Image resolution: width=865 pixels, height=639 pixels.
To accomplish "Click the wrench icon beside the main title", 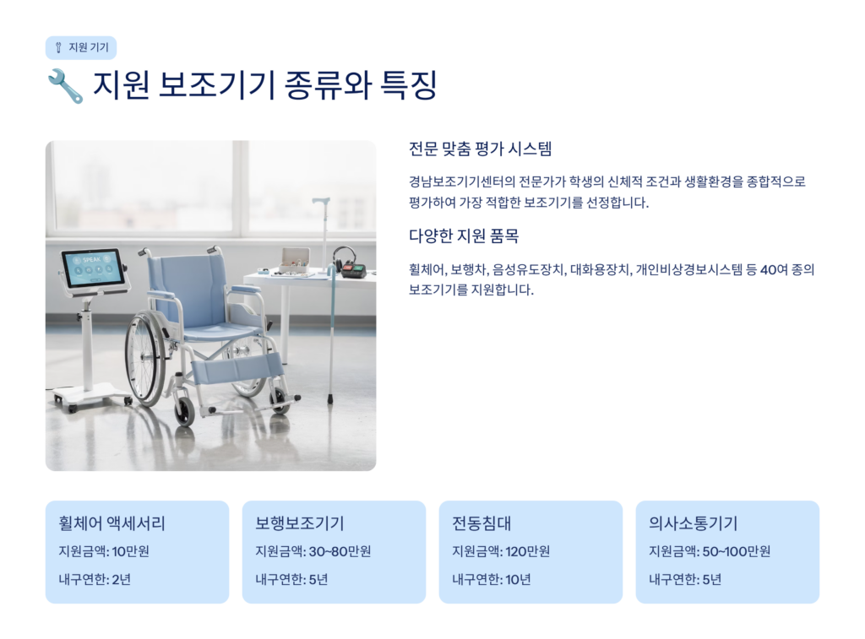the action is [65, 86].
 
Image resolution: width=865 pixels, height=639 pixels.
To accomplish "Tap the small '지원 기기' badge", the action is [81, 47].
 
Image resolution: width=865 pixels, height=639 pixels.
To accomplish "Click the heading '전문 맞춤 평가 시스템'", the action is [480, 149].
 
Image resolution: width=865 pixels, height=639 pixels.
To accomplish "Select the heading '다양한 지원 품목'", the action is [464, 236].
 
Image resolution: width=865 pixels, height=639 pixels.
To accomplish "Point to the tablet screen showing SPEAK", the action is [93, 267].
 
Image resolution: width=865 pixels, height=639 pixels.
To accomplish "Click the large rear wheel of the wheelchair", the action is [144, 359].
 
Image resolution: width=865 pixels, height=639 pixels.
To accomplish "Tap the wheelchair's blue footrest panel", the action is [237, 369].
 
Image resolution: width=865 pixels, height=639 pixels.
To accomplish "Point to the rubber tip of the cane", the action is [330, 398].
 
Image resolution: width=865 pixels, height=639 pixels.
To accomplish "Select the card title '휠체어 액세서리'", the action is [112, 523].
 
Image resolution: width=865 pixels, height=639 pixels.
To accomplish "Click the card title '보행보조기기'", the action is [300, 523].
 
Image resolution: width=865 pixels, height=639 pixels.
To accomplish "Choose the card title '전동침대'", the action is [481, 523].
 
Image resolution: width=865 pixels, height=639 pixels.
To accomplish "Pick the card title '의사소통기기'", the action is [693, 523].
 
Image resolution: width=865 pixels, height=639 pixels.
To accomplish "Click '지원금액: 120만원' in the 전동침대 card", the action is [501, 551].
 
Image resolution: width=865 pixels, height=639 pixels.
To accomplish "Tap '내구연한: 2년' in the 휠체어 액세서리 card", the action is [95, 579].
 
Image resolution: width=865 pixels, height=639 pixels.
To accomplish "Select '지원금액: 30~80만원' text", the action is [313, 551].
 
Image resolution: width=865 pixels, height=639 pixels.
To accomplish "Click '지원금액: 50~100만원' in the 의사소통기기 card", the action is [710, 551].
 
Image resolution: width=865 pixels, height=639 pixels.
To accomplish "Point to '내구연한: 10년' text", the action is [492, 579].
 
